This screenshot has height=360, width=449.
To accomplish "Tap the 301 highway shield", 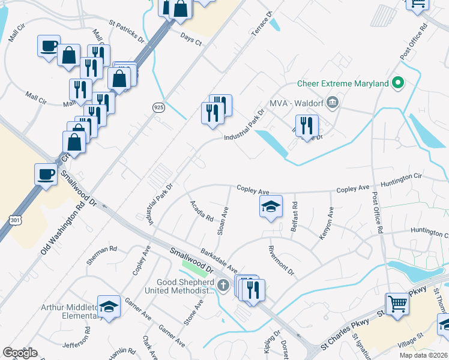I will tap(16, 221).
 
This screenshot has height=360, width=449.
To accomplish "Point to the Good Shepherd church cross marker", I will tap(223, 284).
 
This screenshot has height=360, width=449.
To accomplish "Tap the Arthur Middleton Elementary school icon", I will tap(109, 307).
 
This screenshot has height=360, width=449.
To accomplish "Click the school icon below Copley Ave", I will tap(271, 207).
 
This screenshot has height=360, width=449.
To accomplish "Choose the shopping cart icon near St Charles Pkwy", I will tap(397, 303).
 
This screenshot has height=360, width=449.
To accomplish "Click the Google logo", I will tap(20, 353).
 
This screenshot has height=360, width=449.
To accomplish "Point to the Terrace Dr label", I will tap(263, 23).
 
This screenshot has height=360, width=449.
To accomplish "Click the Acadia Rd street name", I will tap(202, 211).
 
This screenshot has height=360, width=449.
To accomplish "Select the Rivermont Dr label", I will tap(282, 261).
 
